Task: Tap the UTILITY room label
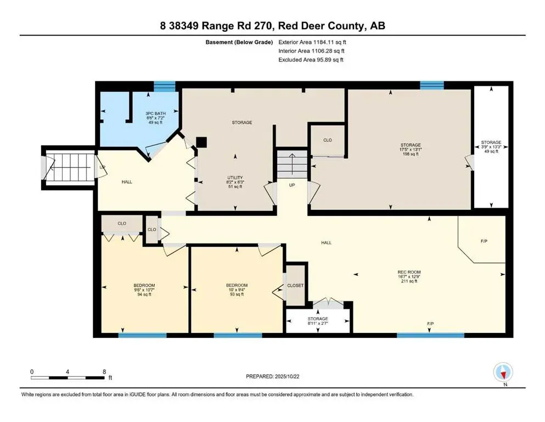(235, 177)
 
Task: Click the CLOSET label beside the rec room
(295, 286)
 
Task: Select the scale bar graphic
(68, 378)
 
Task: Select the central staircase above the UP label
(290, 163)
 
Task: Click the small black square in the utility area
(201, 142)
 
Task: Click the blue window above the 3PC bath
(164, 86)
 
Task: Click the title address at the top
(272, 26)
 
